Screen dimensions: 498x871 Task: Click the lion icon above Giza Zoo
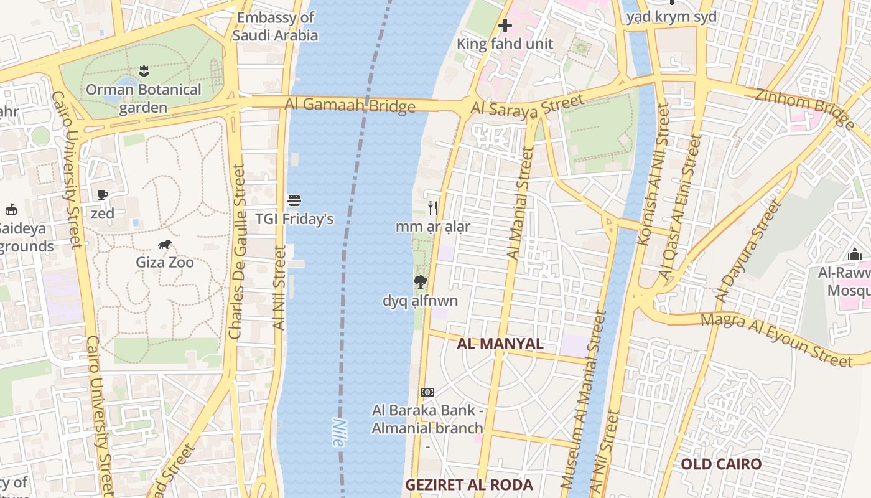165,244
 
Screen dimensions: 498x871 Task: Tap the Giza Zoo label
165,263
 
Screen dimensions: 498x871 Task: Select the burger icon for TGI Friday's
294,200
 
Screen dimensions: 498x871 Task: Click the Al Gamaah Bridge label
350,105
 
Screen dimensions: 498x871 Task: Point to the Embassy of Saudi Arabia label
275,26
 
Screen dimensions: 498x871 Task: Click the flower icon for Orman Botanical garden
144,70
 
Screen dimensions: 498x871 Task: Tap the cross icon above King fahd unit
505,26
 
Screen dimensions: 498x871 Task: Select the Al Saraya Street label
527,105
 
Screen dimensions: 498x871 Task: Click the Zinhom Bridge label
805,108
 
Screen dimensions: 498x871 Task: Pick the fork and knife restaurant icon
433,208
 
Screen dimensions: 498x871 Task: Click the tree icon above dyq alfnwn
421,282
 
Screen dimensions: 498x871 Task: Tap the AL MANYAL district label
500,344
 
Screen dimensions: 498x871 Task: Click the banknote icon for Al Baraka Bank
427,392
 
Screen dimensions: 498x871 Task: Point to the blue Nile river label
338,431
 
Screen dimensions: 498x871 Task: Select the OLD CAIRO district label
720,464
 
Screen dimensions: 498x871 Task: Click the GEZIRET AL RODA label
469,485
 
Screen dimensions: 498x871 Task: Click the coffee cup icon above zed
103,195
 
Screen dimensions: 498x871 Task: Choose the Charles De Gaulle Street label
236,251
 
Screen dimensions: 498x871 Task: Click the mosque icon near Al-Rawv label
855,255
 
